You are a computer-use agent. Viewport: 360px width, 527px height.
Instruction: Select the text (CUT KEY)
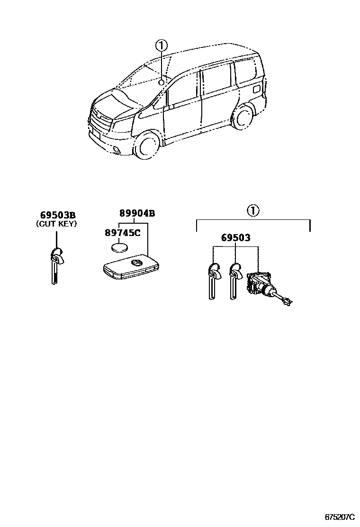tap(56, 224)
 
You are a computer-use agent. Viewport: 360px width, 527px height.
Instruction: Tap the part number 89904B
tap(137, 214)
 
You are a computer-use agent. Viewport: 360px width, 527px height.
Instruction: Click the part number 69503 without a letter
tap(235, 237)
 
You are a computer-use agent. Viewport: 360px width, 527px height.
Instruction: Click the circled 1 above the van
tap(161, 45)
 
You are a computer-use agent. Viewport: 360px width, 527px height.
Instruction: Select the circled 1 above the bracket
tap(253, 210)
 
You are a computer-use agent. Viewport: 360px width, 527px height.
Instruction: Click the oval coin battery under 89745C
tap(120, 248)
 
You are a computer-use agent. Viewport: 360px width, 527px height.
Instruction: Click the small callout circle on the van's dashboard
tap(161, 82)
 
